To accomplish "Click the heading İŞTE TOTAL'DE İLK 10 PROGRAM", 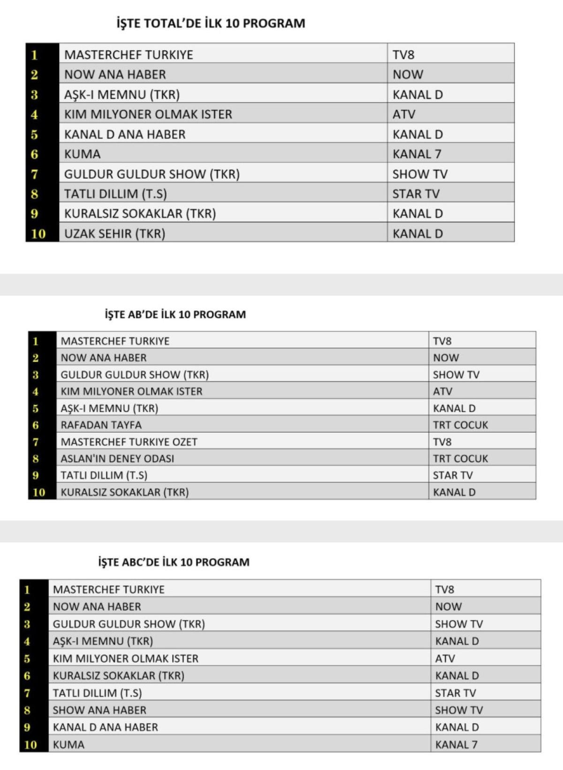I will [x=211, y=23].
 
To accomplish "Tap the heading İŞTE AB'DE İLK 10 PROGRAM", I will [x=175, y=314].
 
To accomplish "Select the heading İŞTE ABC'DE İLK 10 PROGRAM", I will [x=174, y=562].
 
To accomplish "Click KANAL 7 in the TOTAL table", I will [x=417, y=154].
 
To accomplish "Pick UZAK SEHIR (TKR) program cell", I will [x=114, y=234].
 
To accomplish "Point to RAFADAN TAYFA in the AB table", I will [x=101, y=425].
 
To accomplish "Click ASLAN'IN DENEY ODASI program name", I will [x=117, y=458].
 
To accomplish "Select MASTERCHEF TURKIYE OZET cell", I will [x=129, y=442].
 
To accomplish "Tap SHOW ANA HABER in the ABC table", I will [x=99, y=710].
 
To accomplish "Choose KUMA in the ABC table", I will [x=68, y=745].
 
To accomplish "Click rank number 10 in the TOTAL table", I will [x=38, y=234].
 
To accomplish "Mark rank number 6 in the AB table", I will [x=36, y=425].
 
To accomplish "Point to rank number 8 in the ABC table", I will [x=27, y=710].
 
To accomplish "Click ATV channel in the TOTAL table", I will [x=404, y=114].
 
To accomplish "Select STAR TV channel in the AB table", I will [x=453, y=475].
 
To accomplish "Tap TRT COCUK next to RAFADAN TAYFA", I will [x=460, y=425].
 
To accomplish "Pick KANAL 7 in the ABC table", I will [x=456, y=745].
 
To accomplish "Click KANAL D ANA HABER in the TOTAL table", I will [x=125, y=134].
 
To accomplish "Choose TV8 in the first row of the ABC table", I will [x=444, y=589].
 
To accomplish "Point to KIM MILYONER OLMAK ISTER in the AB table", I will [x=131, y=391].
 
